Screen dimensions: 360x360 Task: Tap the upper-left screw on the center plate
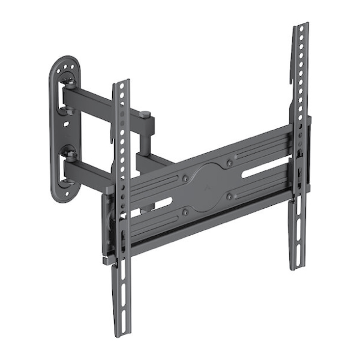(185, 178)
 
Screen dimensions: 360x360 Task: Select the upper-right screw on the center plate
(230, 163)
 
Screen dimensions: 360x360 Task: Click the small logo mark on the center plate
(208, 187)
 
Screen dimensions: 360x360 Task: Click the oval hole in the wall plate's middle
(66, 124)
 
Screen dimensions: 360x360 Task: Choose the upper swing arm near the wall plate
(90, 100)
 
